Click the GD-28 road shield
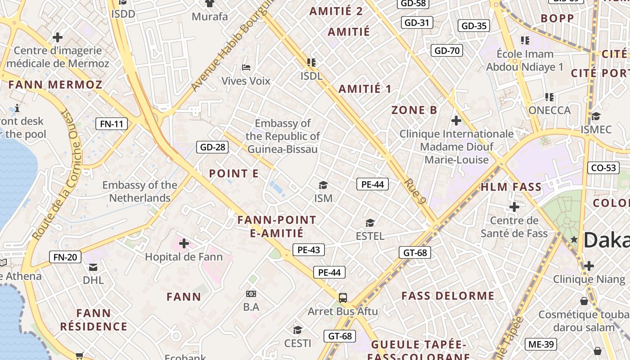pyautogui.click(x=212, y=147)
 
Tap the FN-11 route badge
pyautogui.click(x=112, y=124)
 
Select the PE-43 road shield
pyautogui.click(x=309, y=250)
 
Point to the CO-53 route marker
pyautogui.click(x=603, y=168)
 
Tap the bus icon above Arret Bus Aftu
pyautogui.click(x=343, y=297)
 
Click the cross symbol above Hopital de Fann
pyautogui.click(x=184, y=243)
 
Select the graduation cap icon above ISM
pyautogui.click(x=323, y=185)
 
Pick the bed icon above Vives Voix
pyautogui.click(x=246, y=67)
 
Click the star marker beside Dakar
pyautogui.click(x=574, y=239)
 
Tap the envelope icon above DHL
pyautogui.click(x=93, y=267)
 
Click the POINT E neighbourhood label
pyautogui.click(x=234, y=174)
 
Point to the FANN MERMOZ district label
pyautogui.click(x=55, y=85)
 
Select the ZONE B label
pyautogui.click(x=414, y=110)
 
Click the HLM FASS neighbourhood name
pyautogui.click(x=511, y=187)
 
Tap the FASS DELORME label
pyautogui.click(x=448, y=296)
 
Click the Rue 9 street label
pyautogui.click(x=415, y=191)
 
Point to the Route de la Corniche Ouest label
pyautogui.click(x=56, y=175)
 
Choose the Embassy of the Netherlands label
pyautogui.click(x=139, y=191)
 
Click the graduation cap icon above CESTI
pyautogui.click(x=297, y=330)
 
